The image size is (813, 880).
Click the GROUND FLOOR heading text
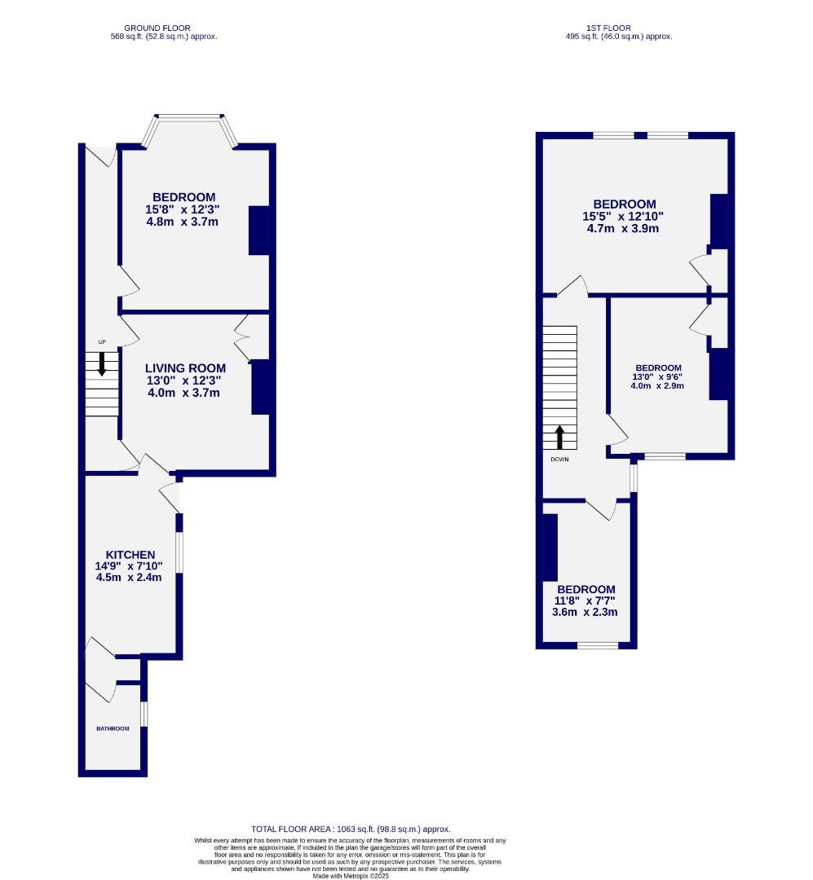[164, 28]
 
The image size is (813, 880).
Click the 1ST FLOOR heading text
[619, 28]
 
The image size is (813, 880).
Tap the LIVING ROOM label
[185, 368]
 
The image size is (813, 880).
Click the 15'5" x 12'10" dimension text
[624, 216]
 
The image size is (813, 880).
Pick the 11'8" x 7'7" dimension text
[585, 601]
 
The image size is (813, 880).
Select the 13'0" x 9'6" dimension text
[656, 376]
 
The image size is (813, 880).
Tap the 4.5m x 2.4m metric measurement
[129, 578]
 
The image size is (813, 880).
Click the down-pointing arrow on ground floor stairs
[102, 363]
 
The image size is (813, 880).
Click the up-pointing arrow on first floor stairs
[560, 438]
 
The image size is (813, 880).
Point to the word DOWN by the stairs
[559, 459]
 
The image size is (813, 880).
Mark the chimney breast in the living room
[260, 387]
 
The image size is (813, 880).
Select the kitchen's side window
[180, 553]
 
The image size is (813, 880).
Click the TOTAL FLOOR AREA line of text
[351, 829]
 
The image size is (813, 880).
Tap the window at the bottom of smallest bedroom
[598, 646]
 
